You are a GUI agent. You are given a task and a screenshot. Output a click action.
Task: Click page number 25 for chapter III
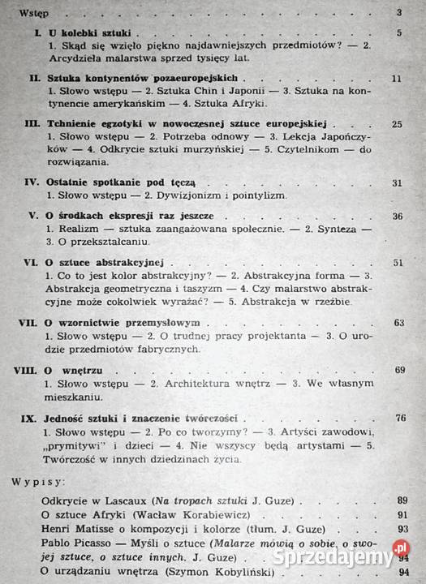pos(397,124)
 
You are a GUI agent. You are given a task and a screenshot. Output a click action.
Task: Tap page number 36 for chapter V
pos(398,217)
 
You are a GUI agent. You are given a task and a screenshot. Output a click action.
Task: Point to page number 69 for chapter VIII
pos(399,370)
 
